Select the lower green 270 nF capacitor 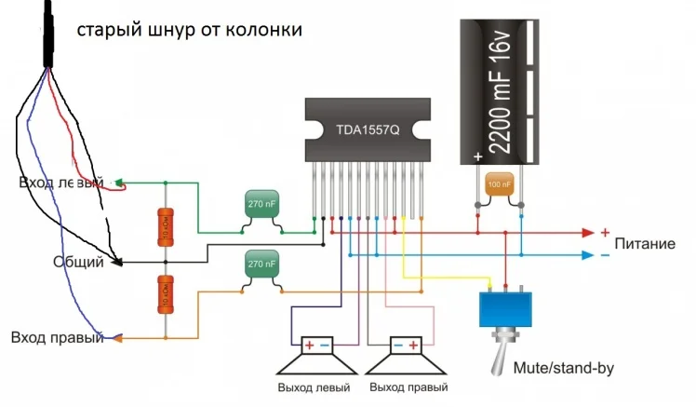(261, 265)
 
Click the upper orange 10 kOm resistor (165, 227)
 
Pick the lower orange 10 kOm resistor (165, 295)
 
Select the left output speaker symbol (315, 357)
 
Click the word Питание (645, 244)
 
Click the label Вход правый (57, 337)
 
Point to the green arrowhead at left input (119, 182)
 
